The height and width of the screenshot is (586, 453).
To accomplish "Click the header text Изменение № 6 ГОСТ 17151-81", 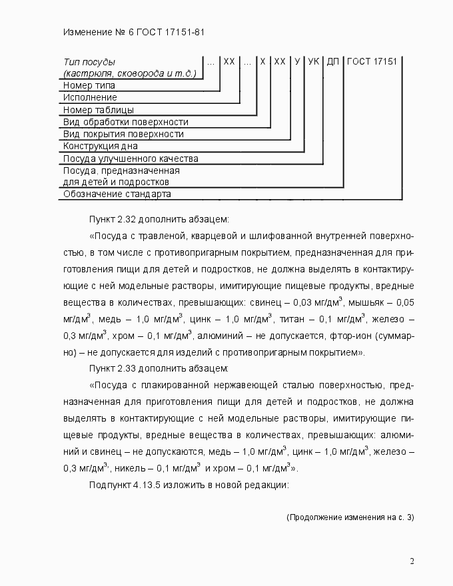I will pyautogui.click(x=137, y=31).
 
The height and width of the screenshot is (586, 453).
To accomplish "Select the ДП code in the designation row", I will pyautogui.click(x=334, y=61).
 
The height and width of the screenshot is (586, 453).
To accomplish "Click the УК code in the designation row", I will pyautogui.click(x=314, y=61).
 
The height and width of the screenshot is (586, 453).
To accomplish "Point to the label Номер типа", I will pyautogui.click(x=89, y=85).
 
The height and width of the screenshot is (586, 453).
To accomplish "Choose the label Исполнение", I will pyautogui.click(x=90, y=97).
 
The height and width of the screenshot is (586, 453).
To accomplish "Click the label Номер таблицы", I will pyautogui.click(x=99, y=109).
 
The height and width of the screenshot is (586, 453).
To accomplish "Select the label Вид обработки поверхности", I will pyautogui.click(x=125, y=122).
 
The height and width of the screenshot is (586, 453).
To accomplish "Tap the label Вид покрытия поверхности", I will pyautogui.click(x=123, y=134).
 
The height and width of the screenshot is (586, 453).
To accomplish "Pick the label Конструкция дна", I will pyautogui.click(x=101, y=146).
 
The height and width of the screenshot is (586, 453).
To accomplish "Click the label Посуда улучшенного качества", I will pyautogui.click(x=131, y=158).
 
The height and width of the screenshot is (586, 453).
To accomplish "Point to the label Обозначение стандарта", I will pyautogui.click(x=117, y=194).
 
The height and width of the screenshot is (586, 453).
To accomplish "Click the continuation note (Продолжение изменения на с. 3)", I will pyautogui.click(x=350, y=517).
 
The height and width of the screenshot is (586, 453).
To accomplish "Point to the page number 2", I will pyautogui.click(x=412, y=561).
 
